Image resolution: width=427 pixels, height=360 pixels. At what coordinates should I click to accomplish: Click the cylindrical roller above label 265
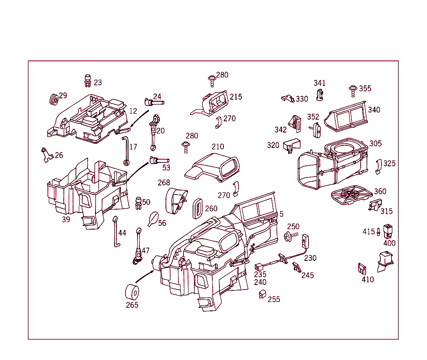click(132, 291)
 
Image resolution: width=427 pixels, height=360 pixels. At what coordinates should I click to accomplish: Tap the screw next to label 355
click(353, 89)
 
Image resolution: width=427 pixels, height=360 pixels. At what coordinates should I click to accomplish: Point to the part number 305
click(375, 144)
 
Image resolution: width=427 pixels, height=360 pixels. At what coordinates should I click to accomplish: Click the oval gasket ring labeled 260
click(198, 207)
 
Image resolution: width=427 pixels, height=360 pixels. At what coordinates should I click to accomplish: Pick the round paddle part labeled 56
click(153, 218)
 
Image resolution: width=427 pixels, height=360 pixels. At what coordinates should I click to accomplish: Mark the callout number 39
click(66, 220)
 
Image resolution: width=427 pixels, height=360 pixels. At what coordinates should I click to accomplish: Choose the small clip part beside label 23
click(88, 80)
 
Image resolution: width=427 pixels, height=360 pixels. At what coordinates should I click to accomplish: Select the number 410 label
click(368, 280)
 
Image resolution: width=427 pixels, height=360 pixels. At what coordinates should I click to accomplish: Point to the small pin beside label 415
click(378, 232)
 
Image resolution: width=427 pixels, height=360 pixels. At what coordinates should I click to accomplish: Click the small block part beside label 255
click(262, 295)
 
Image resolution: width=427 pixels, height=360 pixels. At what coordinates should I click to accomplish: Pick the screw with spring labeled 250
click(288, 237)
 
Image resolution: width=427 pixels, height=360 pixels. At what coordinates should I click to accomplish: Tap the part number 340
click(374, 110)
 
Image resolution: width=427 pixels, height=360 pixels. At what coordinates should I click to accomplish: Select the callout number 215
click(236, 97)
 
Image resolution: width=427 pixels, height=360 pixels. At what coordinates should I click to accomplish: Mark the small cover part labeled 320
click(291, 145)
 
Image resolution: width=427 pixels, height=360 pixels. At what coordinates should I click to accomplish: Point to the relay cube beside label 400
click(389, 230)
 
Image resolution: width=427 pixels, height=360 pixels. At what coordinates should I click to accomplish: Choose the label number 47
click(145, 251)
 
